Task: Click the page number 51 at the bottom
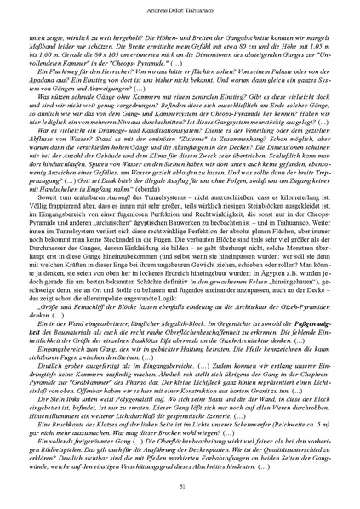coord(180,485)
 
